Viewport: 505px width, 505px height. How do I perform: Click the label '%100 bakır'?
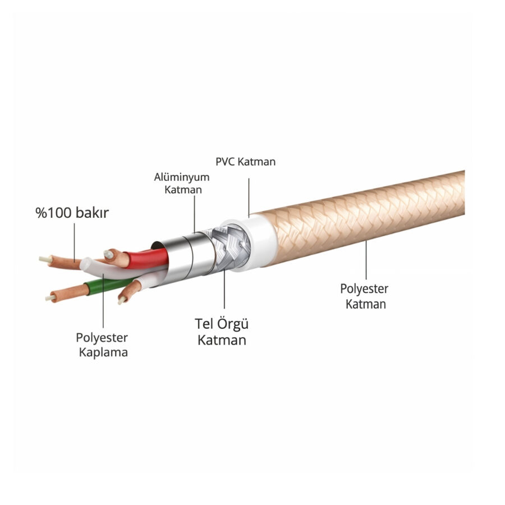point(72,213)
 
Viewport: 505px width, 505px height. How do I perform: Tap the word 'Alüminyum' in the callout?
point(174,177)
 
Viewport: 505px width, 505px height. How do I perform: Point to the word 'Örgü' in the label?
point(233,324)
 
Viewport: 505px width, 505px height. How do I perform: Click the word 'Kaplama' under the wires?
point(103,352)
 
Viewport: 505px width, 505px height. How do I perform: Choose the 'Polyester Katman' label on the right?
point(365,296)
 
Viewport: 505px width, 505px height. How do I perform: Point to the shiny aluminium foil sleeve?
point(180,255)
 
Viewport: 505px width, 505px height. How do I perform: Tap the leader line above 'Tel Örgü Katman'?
point(224,292)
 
